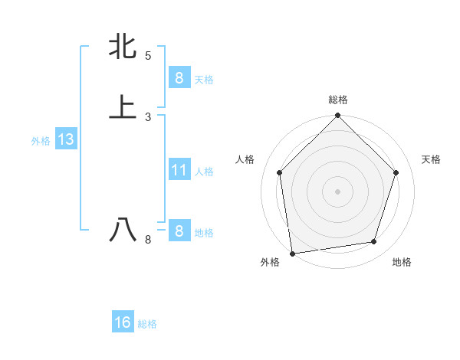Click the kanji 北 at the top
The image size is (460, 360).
click(x=123, y=46)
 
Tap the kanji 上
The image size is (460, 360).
click(x=123, y=106)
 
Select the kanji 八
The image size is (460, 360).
click(x=123, y=230)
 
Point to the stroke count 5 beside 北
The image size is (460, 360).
click(x=148, y=56)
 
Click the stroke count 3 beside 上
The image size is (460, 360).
click(x=148, y=116)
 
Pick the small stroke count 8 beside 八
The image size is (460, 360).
click(x=148, y=240)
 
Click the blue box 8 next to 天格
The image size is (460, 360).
click(x=179, y=77)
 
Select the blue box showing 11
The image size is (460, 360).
click(x=179, y=170)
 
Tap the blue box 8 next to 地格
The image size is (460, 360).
click(x=179, y=231)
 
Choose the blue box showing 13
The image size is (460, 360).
click(x=65, y=139)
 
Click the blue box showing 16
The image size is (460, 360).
click(x=123, y=322)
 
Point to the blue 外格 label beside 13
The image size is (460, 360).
click(x=41, y=141)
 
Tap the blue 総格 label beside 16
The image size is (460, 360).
click(x=147, y=324)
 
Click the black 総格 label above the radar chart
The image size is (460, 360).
click(x=337, y=100)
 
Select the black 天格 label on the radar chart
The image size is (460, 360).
click(x=432, y=159)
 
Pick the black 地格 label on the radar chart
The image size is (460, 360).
click(x=402, y=263)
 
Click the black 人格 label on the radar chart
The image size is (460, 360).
click(x=245, y=159)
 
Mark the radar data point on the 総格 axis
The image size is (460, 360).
click(x=337, y=116)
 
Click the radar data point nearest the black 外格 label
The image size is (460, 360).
click(x=292, y=253)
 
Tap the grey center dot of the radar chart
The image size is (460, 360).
click(x=337, y=191)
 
